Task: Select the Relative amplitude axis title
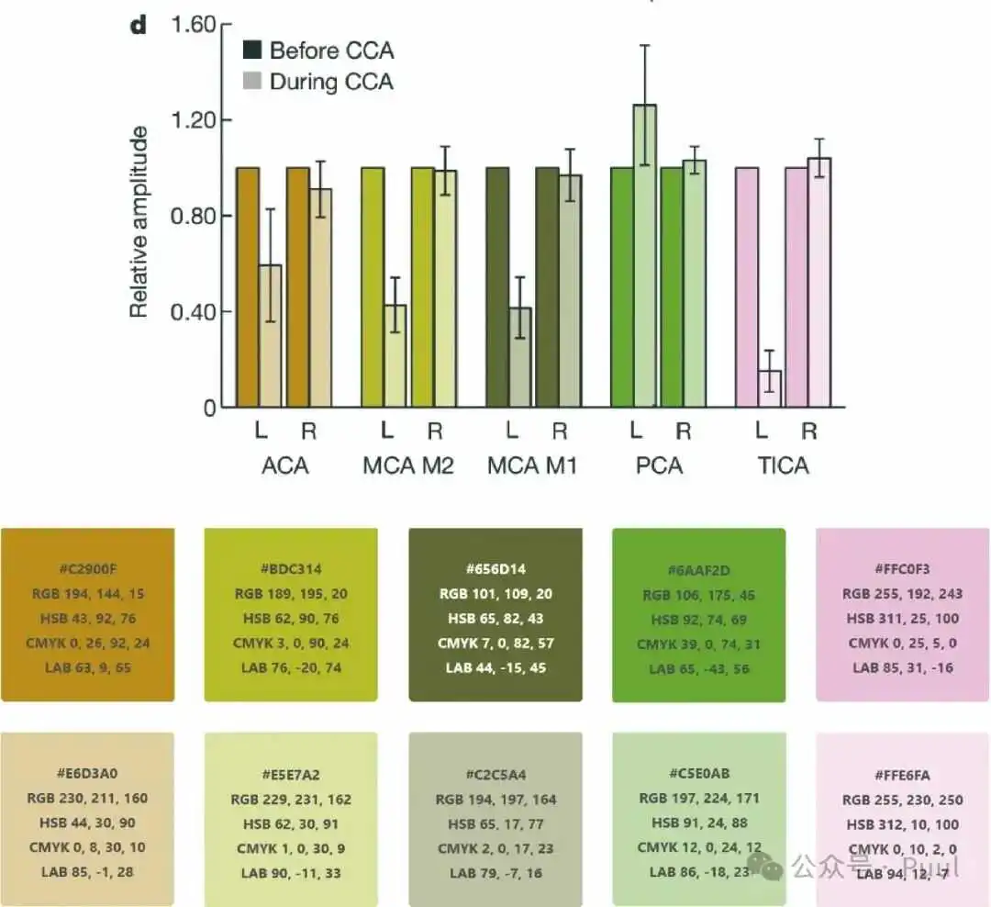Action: coord(139,222)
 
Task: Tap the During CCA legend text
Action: coord(331,82)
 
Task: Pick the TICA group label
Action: coord(784,465)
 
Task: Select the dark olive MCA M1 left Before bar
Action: coord(497,287)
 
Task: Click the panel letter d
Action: coord(138,25)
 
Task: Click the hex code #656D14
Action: coord(495,569)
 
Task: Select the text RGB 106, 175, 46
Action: coord(698,595)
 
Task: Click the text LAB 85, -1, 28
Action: coord(87,871)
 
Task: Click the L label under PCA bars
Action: coord(635,431)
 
